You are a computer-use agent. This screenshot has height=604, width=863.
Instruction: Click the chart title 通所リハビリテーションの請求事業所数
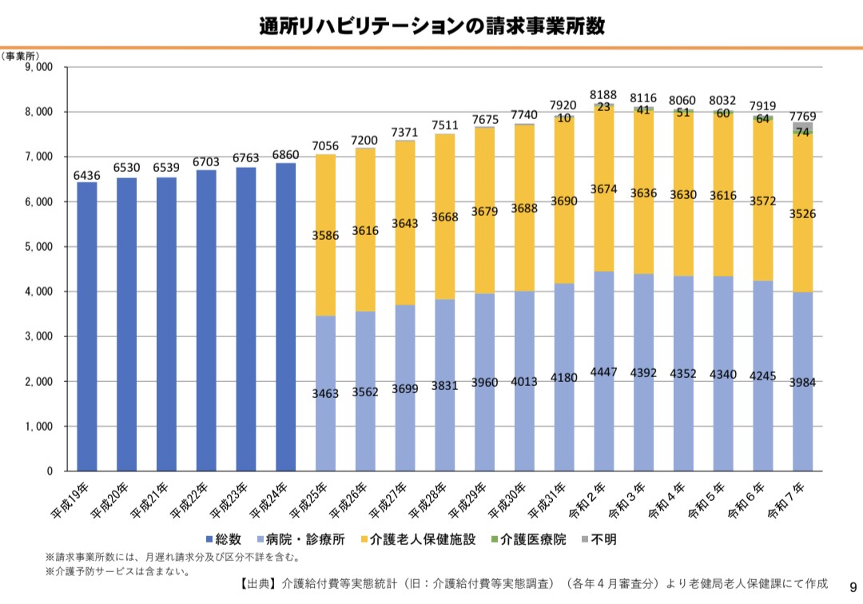coord(431,26)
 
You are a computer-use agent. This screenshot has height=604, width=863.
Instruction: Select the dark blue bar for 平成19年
coord(87,326)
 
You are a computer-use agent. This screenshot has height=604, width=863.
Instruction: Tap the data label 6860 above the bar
coord(285,155)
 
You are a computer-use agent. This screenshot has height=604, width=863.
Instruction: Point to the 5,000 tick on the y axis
coord(38,246)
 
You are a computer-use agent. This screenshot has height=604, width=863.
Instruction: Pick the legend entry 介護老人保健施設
coord(418,539)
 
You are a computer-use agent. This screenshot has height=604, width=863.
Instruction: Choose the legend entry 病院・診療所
coord(300,539)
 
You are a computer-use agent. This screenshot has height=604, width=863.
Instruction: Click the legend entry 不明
coord(599,539)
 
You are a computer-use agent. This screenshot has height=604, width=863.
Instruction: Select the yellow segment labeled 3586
coord(325,236)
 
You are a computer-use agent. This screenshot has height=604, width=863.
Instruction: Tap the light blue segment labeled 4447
coord(604,372)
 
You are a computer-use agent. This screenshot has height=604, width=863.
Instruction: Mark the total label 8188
coord(603,94)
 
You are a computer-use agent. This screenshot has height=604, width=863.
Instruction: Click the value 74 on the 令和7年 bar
coord(802,132)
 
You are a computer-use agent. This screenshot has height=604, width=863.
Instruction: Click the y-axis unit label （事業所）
coord(20,57)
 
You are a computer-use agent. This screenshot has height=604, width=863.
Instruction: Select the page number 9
coord(853,587)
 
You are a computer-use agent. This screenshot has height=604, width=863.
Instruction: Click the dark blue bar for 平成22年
coord(206,320)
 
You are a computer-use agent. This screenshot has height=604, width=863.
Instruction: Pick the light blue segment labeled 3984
coord(802,382)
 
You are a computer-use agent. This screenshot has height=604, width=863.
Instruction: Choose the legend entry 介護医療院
coord(527,539)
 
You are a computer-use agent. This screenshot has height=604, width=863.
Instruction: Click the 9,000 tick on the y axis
coord(38,67)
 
